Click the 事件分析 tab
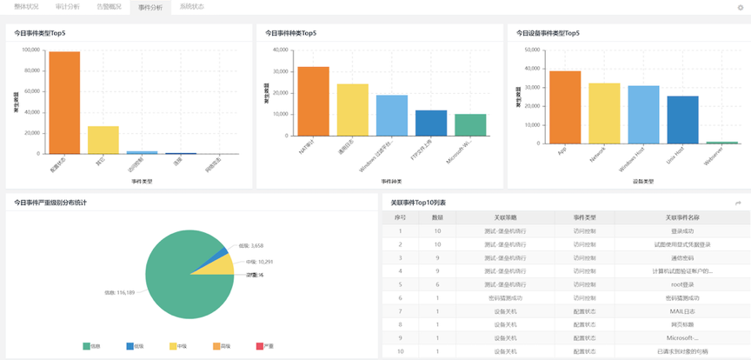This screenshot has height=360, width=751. pos(150,6)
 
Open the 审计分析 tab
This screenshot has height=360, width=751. pos(67,6)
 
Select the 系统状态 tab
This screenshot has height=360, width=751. pos(192,6)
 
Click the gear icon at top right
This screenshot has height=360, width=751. pos(740,7)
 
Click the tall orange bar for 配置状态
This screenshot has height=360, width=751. pos(64,103)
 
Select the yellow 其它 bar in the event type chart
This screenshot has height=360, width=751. pos(103,140)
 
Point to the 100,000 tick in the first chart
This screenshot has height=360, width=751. pos(30,50)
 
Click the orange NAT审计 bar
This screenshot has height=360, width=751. pos(314,101)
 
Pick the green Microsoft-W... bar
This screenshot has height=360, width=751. pos(470,125)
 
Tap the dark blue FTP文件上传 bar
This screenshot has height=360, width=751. pos(431,123)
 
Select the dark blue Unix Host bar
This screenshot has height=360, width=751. pos(682,119)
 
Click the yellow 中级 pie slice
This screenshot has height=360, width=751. pos(208,264)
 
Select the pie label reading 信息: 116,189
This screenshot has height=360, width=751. pos(120,292)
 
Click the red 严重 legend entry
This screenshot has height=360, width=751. pos(266,346)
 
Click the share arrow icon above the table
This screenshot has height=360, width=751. pos(738,203)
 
